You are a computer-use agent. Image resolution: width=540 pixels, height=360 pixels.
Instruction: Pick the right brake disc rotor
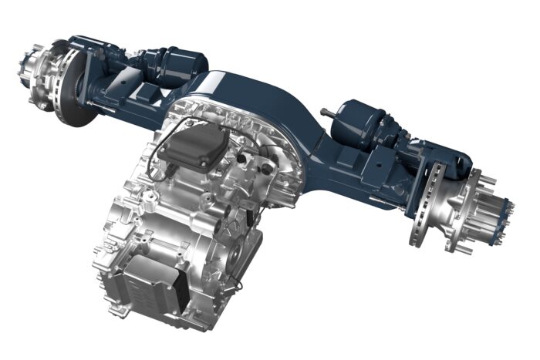tap(437, 197)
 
